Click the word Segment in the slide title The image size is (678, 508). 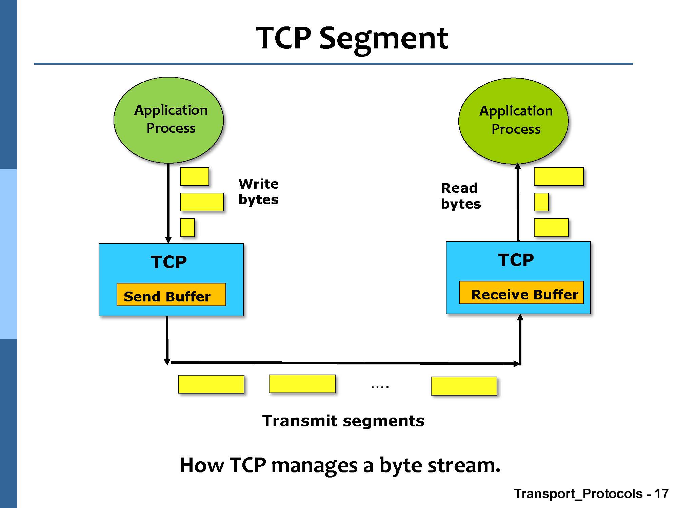tap(384, 39)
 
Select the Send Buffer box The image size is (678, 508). tap(171, 295)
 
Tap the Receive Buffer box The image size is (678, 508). tap(521, 293)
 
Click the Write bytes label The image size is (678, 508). tap(258, 192)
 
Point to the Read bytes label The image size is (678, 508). tap(460, 196)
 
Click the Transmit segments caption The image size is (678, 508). tap(343, 421)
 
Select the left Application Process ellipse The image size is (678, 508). tap(168, 120)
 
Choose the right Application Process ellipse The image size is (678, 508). tap(513, 121)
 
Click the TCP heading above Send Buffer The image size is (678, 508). tap(169, 262)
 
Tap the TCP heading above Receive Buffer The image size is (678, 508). tap(516, 260)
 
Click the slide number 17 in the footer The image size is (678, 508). tap(661, 494)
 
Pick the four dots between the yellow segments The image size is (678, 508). tap(380, 386)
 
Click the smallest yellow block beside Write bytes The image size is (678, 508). tap(187, 227)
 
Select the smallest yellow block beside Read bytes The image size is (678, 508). tap(541, 202)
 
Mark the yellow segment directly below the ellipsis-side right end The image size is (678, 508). tap(464, 386)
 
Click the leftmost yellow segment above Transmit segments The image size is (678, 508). tap(211, 384)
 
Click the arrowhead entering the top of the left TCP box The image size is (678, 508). tap(168, 240)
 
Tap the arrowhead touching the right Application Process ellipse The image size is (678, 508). tap(518, 166)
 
